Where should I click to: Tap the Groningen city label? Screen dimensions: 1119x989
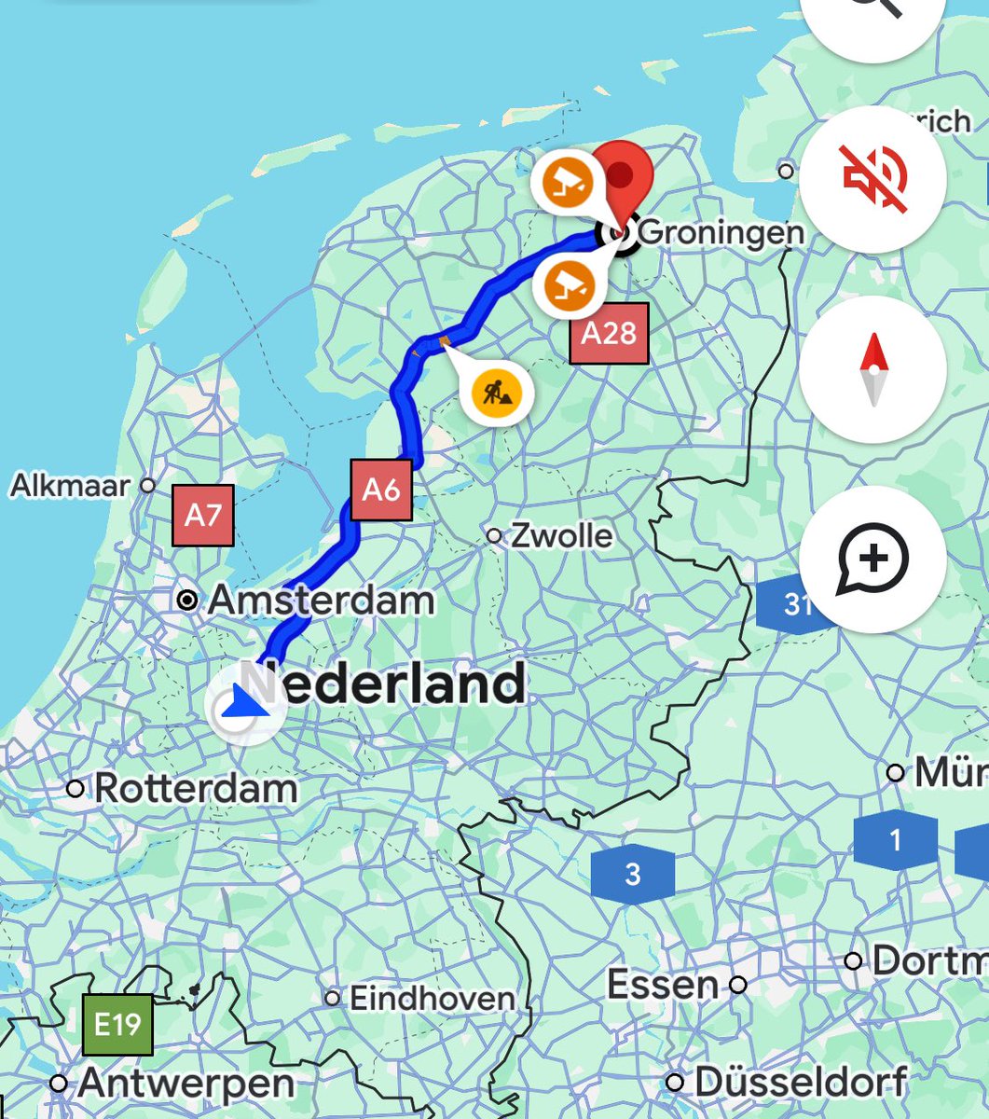721,232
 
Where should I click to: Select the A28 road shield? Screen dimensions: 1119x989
609,333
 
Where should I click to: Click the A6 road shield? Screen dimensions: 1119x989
381,489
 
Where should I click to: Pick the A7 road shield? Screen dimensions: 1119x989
202,515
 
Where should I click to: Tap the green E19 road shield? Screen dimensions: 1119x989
117,1026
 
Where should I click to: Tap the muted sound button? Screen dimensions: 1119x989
872,179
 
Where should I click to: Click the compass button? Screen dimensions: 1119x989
872,369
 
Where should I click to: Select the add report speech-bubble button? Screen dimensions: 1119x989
872,559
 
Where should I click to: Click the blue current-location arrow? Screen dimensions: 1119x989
245,702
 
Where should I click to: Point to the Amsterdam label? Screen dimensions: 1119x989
321,601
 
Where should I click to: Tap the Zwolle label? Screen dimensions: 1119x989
562,536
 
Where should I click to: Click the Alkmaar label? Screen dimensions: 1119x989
70,485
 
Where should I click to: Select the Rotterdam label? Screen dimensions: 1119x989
196,789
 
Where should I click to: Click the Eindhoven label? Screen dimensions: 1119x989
432,999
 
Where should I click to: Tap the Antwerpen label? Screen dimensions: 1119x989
186,1084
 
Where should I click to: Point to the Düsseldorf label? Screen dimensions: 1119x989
800,1083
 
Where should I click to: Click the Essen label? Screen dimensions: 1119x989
663,985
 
